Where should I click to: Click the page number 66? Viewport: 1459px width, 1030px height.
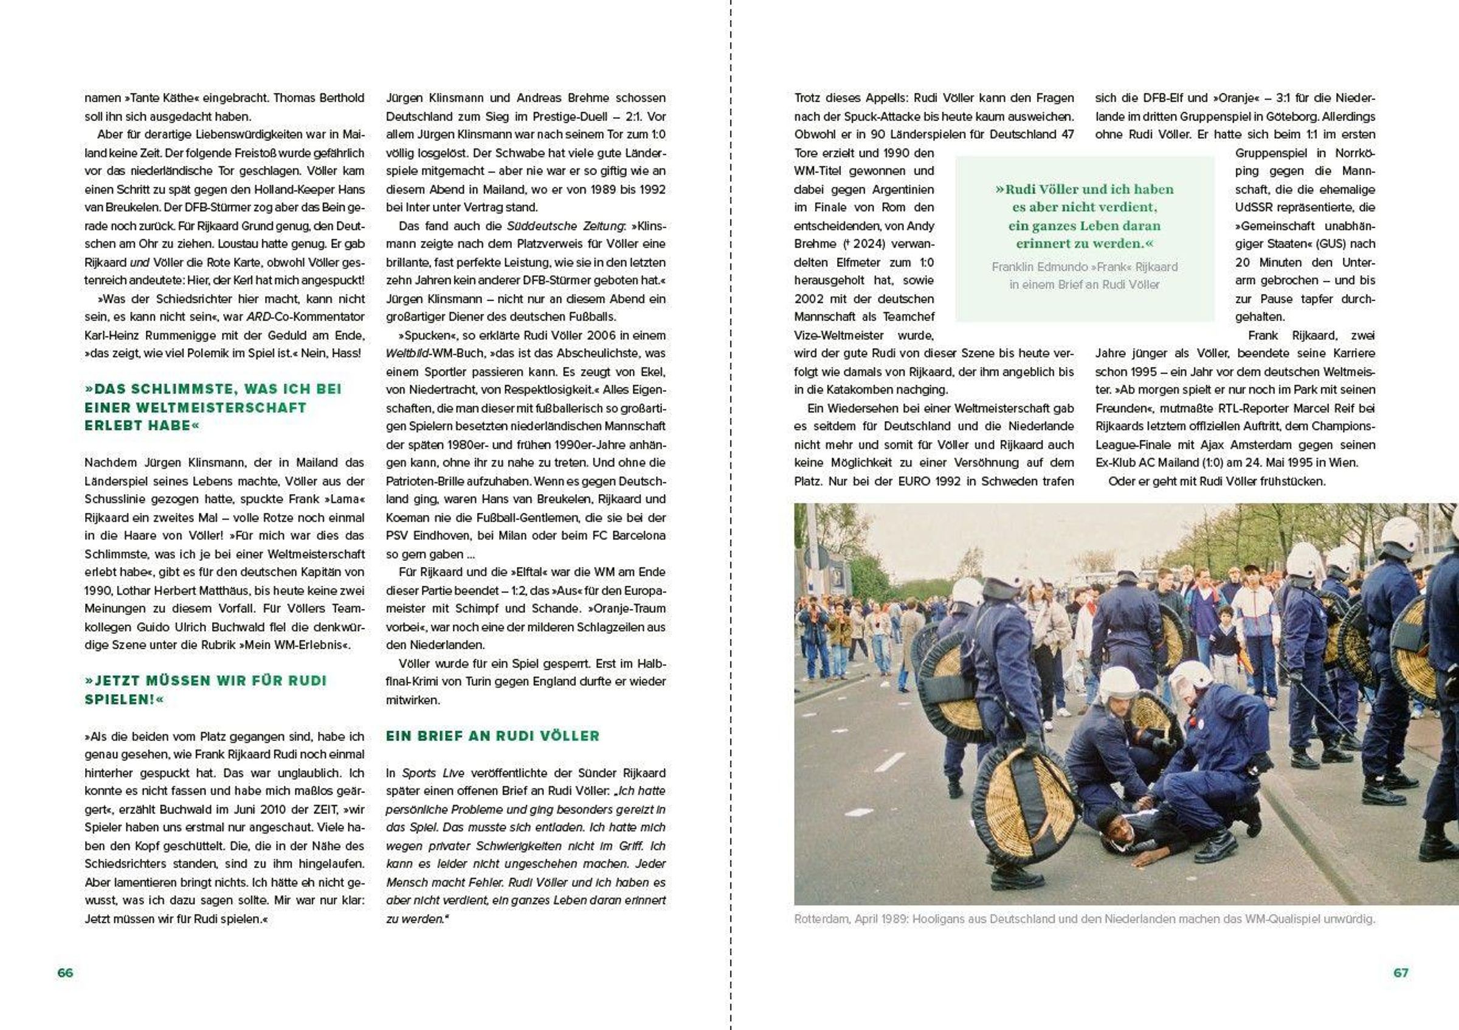tap(66, 973)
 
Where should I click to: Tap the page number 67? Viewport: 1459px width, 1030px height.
tap(1401, 973)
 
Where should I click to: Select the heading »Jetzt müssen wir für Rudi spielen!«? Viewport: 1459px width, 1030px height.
tap(205, 690)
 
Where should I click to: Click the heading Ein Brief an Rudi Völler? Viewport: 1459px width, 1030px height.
tap(492, 736)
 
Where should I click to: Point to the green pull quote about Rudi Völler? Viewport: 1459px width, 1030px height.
tap(1084, 216)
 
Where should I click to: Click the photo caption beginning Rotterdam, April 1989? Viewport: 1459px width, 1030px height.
tap(1084, 919)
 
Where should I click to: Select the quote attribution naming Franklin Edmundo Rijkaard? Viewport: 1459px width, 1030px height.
tap(1084, 276)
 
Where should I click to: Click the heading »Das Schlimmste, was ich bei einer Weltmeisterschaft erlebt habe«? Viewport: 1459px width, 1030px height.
tap(213, 407)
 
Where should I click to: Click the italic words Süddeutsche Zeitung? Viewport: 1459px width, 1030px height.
tap(566, 226)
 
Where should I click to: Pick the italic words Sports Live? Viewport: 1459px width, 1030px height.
tap(433, 773)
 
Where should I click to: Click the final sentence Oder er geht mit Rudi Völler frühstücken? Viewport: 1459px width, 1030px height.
tap(1217, 481)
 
